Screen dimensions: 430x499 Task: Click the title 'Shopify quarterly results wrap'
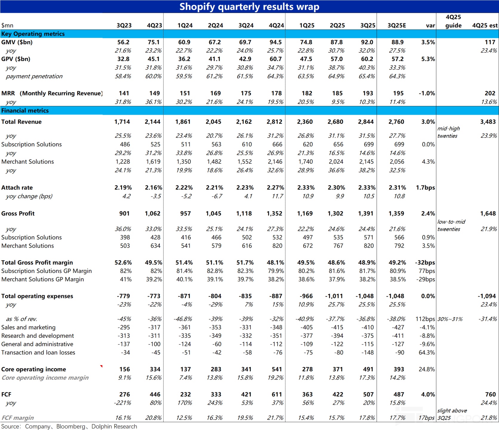249,7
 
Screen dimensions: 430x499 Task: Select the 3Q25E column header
397,25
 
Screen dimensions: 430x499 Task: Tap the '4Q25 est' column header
485,25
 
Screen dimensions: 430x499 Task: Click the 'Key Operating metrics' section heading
33,34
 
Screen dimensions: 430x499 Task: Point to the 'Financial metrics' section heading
25,110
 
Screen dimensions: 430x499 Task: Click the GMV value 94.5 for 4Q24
275,42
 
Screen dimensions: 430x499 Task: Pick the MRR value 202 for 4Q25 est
490,93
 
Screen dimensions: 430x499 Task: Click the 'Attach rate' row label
17,188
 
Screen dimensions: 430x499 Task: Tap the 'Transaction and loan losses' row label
38,352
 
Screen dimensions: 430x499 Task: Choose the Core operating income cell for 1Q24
185,369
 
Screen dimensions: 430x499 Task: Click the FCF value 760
490,394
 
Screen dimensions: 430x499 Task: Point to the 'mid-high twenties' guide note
449,132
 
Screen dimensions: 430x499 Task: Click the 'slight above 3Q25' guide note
452,414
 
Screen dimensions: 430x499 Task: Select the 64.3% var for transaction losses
426,352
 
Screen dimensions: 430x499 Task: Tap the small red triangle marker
101,366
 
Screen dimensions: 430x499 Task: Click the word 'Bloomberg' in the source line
71,426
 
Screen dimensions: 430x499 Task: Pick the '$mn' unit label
7,25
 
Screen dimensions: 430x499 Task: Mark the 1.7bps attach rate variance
425,188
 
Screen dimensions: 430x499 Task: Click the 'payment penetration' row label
34,76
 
